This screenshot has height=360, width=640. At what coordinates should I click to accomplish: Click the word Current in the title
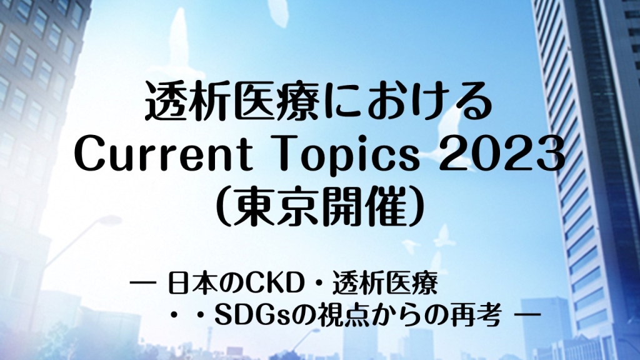pos(163,154)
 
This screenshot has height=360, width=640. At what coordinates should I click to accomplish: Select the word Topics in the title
pos(347,155)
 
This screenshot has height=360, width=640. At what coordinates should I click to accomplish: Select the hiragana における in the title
pos(406,101)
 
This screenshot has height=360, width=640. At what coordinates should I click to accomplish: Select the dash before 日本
pos(143,282)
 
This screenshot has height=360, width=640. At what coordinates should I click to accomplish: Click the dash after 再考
pos(529,315)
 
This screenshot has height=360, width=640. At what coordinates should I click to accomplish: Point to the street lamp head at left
pos(104,221)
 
